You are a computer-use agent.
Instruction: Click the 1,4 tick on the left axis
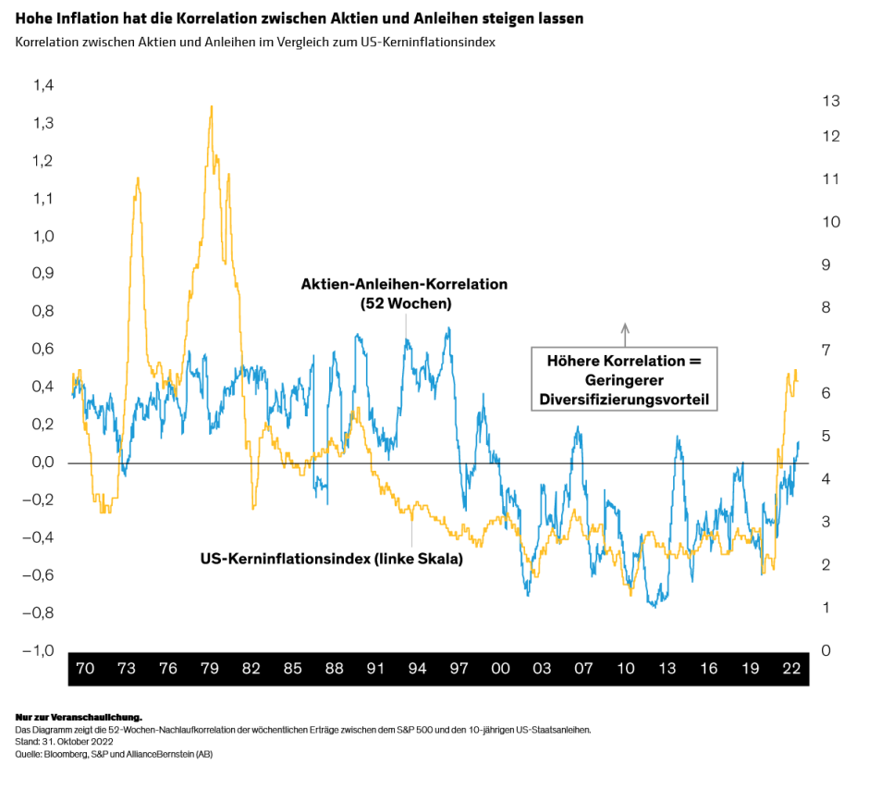point(43,86)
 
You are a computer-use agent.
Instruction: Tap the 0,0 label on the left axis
point(43,462)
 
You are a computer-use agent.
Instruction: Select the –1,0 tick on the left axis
point(40,650)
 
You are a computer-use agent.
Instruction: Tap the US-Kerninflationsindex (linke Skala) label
point(331,559)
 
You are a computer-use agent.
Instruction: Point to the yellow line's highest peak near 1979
point(212,106)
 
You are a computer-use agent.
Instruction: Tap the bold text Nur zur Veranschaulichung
point(79,717)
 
